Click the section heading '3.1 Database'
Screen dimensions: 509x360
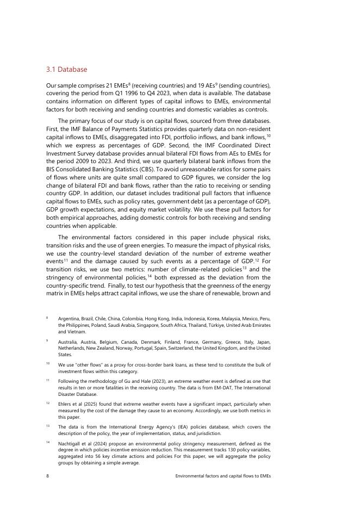[x=66, y=70]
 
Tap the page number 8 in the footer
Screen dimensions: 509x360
[x=47, y=476]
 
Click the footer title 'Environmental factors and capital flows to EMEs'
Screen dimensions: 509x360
[x=222, y=476]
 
